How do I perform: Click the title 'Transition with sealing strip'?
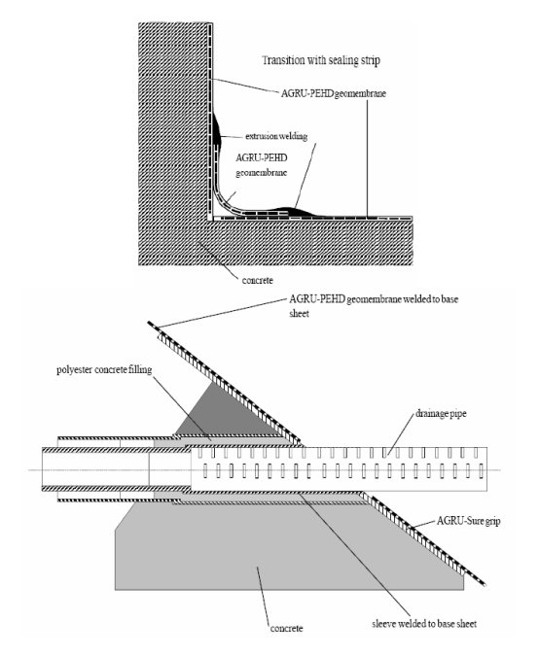coord(321,60)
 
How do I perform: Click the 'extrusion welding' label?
coord(276,136)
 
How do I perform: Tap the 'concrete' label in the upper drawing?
coord(257,280)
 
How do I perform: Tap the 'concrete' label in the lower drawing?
coord(286,628)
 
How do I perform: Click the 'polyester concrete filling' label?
coord(104,370)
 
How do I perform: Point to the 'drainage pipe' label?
coord(441,414)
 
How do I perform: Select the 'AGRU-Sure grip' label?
coord(468,521)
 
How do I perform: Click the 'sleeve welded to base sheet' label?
coord(424,624)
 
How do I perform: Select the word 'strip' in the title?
coord(371,61)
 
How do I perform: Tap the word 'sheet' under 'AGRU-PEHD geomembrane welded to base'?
coord(299,314)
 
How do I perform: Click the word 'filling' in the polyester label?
coord(141,370)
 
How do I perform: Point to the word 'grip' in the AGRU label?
coord(491,522)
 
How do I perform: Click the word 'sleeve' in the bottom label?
coord(383,624)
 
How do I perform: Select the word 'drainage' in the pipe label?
coord(432,414)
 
